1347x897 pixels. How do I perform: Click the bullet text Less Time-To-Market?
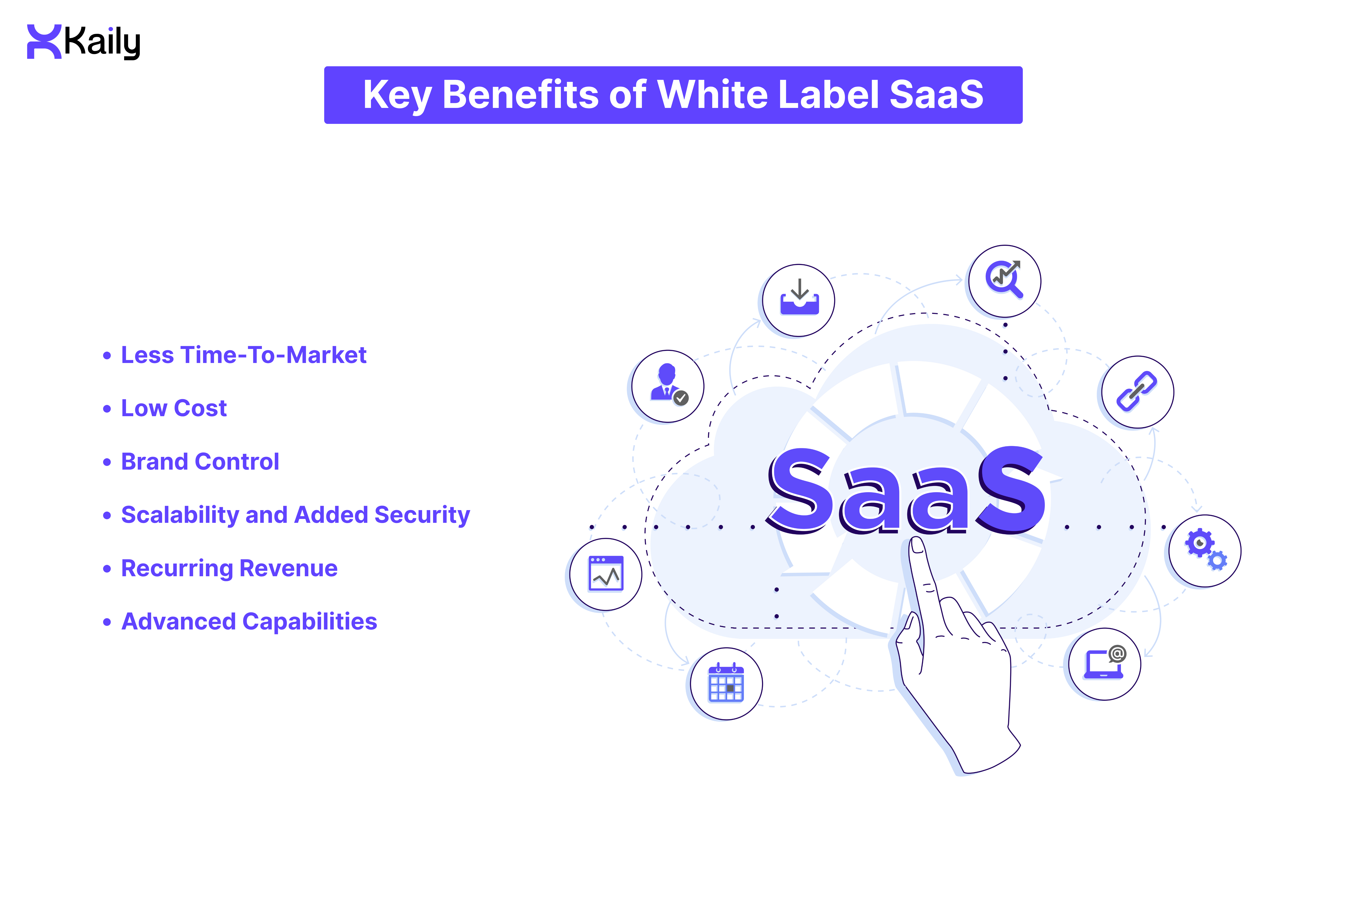243,355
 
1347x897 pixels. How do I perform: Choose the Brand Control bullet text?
200,462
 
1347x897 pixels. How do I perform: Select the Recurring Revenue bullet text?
229,568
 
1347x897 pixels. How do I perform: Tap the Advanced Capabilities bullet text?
249,621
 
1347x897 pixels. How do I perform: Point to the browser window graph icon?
606,574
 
